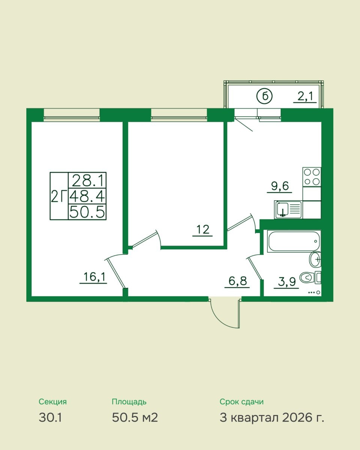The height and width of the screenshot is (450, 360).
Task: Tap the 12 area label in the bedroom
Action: tap(203, 229)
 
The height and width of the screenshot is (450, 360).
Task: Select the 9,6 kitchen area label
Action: tap(280, 186)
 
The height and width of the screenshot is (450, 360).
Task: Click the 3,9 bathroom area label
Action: tap(287, 282)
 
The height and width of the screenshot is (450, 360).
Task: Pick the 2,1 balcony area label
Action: tap(305, 96)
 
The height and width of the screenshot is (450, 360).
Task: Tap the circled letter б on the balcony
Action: tap(264, 97)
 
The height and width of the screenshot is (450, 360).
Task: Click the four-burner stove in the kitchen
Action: tap(312, 177)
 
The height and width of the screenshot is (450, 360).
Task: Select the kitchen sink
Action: tap(288, 210)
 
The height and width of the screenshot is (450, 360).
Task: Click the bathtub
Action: tap(294, 241)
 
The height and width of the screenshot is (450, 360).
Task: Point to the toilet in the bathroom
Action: tap(310, 278)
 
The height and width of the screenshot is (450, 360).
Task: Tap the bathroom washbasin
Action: tap(315, 259)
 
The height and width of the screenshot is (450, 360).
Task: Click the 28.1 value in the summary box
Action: tap(88, 181)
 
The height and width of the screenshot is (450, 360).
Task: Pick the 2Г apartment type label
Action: tap(59, 196)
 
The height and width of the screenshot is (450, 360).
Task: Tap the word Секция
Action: tap(53, 402)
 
